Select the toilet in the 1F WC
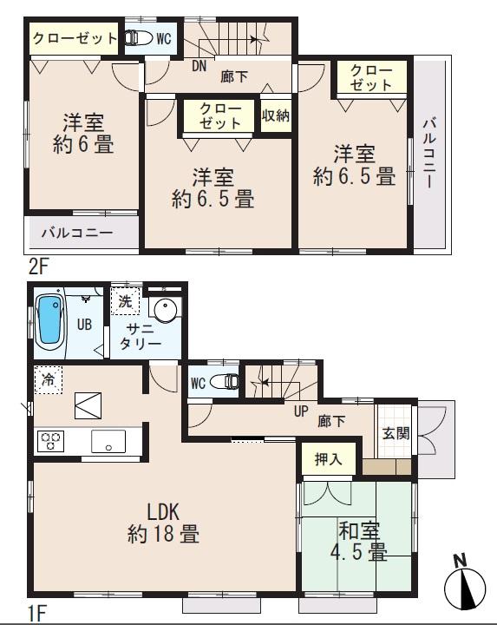coord(224,381)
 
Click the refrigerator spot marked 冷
coord(48,379)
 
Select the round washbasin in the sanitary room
coord(164,310)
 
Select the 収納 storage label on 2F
coord(276,115)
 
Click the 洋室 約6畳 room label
coord(82,133)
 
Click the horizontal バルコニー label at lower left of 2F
coord(77,234)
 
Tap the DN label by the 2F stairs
coord(198,66)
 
